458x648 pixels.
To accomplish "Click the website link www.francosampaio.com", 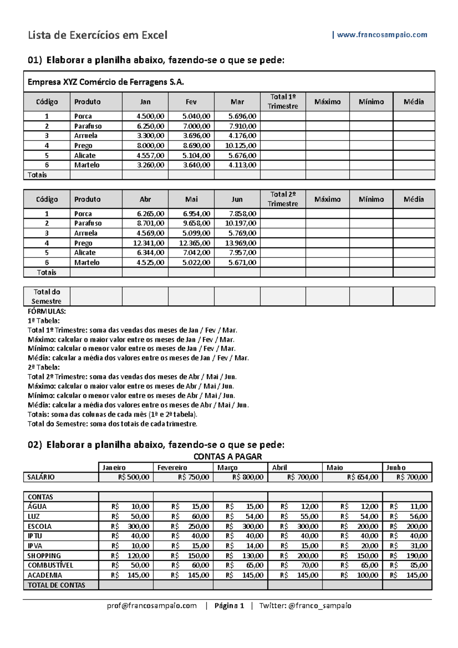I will pos(382,35).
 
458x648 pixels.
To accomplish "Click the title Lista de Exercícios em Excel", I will pos(98,35).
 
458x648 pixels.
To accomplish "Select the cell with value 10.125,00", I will pos(240,145).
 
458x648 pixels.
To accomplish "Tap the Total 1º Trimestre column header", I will pos(283,102).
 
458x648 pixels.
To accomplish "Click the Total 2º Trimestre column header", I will pos(283,199).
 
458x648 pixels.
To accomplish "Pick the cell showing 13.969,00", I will pos(240,243).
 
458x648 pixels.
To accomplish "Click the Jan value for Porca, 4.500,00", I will pos(150,116).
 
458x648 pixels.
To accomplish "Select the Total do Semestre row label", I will pos(47,297).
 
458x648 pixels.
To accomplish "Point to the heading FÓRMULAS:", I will pos(47,311).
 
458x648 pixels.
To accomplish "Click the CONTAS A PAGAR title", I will pos(227,456).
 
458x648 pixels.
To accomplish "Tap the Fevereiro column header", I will pos(173,467).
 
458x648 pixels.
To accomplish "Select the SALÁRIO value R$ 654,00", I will pos(362,477).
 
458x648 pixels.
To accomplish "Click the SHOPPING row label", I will pos(44,556).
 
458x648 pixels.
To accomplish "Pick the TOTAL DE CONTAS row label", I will pos(56,585).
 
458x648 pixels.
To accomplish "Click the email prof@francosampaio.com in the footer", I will pos(152,606).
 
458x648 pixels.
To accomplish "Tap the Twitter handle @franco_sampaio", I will pos(320,606).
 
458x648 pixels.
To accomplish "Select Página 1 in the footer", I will pos(229,606).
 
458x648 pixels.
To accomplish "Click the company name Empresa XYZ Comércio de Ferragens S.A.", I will pos(106,82).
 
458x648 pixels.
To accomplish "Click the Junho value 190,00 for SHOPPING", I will pos(416,556).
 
